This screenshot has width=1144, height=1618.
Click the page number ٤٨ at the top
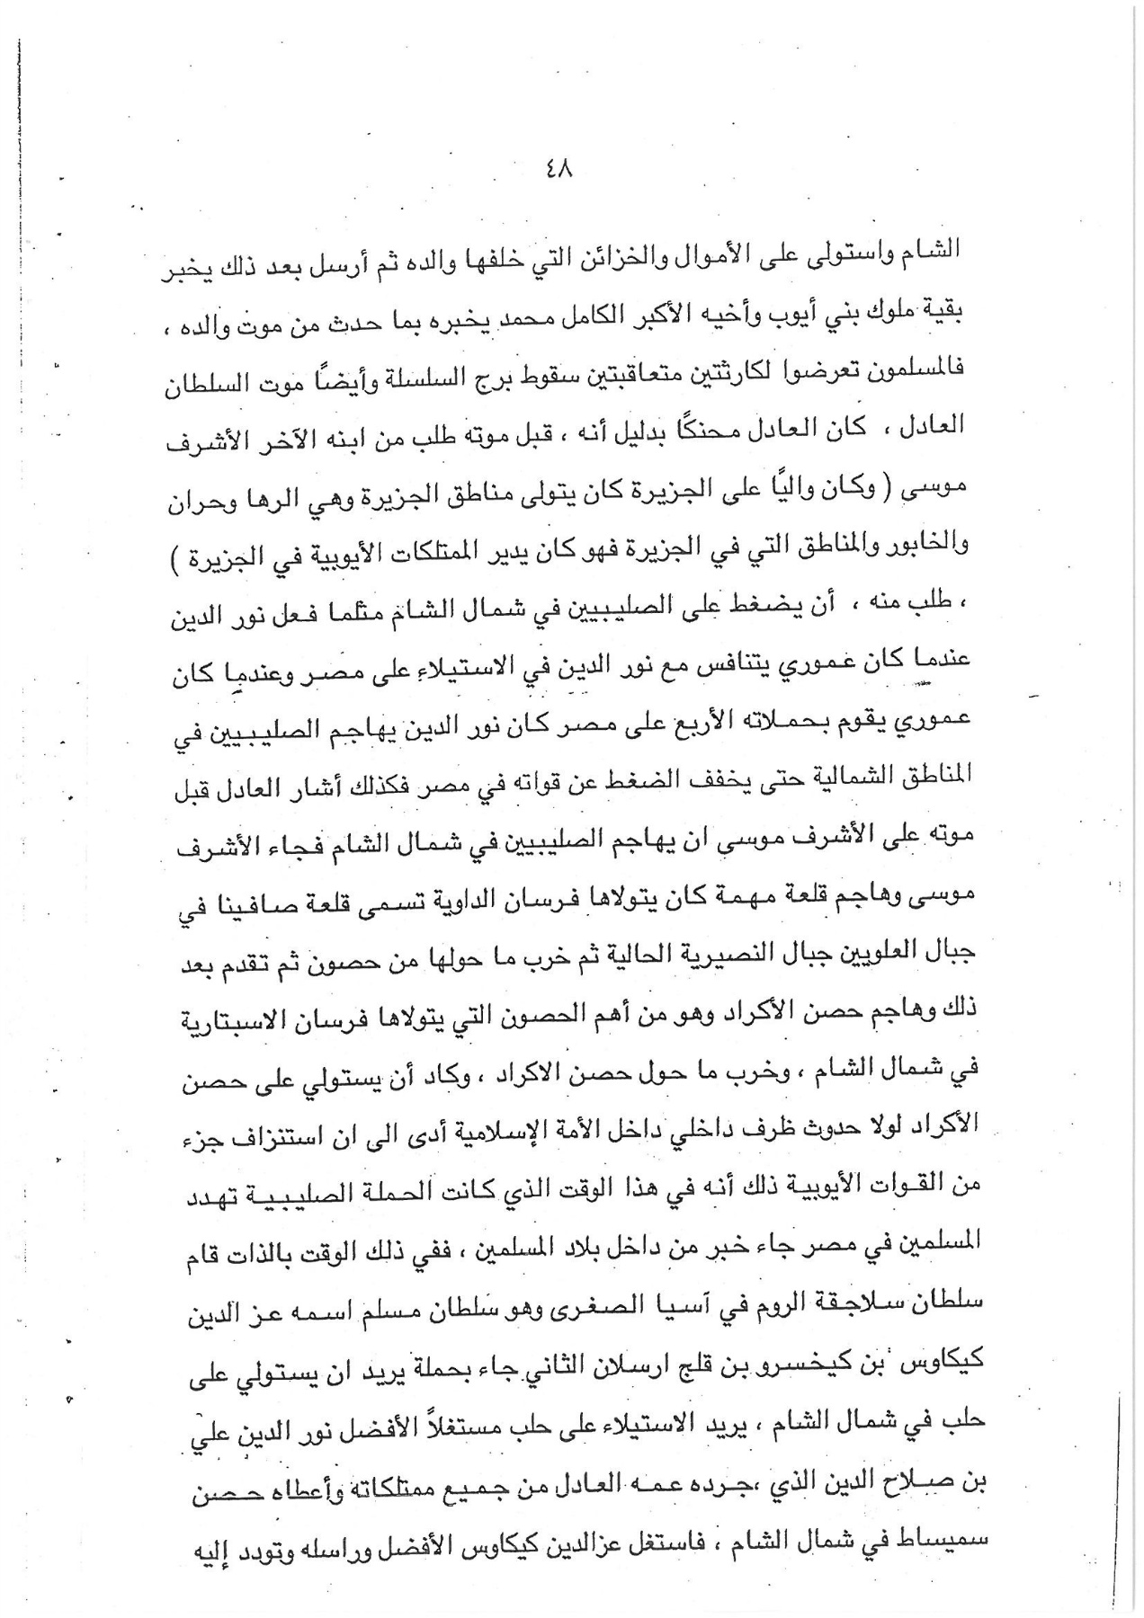(558, 168)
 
